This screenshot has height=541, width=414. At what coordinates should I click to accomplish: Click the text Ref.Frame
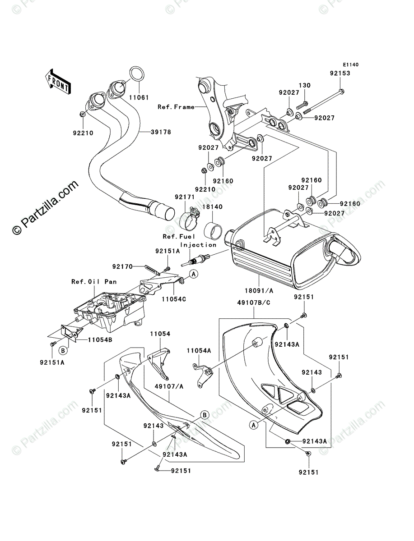point(176,107)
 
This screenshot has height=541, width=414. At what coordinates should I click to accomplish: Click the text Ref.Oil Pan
point(94,282)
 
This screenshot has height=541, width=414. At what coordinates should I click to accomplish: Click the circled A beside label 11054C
point(193,273)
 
